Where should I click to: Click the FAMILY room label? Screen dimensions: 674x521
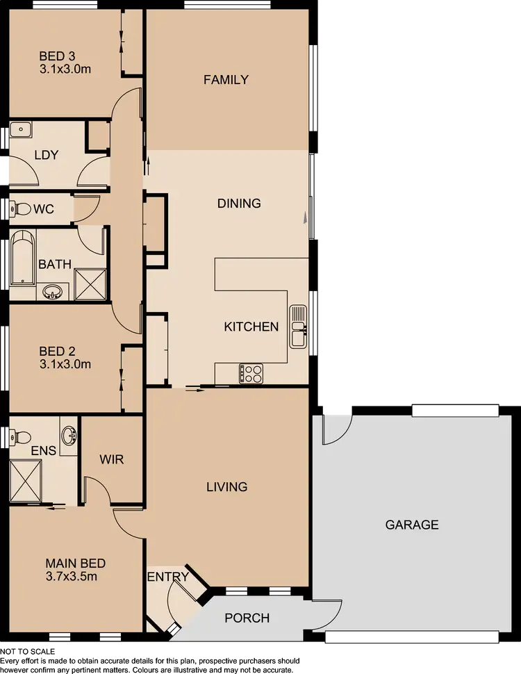[x=226, y=80]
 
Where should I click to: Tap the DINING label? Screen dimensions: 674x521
[x=239, y=204]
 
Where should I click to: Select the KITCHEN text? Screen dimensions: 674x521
[x=251, y=327]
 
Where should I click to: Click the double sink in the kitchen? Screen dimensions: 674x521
[x=299, y=326]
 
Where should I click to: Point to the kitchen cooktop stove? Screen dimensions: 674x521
[x=251, y=374]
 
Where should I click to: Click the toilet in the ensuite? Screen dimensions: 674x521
[x=19, y=437]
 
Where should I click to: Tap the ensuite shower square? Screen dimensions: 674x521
[x=24, y=480]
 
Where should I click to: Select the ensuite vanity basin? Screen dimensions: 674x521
[x=69, y=436]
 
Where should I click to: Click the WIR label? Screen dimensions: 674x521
[x=112, y=460]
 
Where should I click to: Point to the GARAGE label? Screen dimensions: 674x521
[x=412, y=525]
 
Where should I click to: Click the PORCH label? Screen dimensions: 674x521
[x=247, y=618]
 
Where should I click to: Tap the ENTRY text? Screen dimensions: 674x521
[x=167, y=577]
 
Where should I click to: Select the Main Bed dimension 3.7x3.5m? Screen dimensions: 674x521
[x=76, y=576]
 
